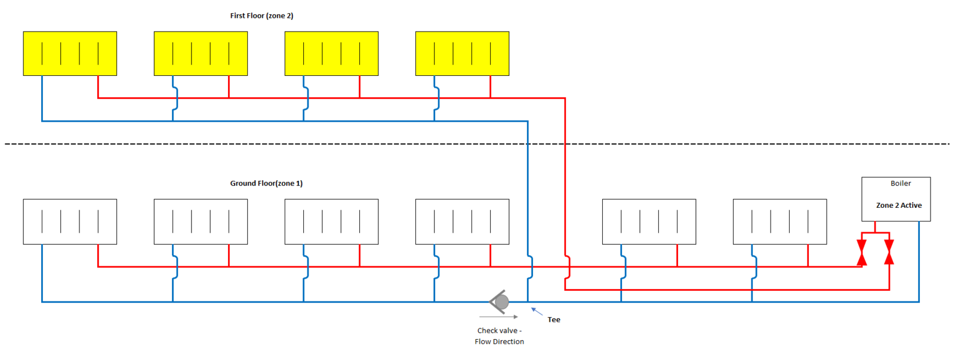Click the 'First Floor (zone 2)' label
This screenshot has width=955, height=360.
coord(261,16)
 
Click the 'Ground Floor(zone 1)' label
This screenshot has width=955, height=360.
coord(266,183)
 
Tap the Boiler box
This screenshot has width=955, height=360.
coord(895,199)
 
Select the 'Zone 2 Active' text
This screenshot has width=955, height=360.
coord(898,205)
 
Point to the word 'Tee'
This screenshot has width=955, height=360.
coord(554,320)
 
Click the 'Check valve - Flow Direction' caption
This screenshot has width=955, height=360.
coord(499,336)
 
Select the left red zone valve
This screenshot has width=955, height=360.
coord(861,253)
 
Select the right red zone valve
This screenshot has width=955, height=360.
coord(889,252)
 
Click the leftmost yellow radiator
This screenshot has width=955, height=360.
coord(70,54)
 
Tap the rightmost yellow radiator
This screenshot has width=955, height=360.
coord(462,54)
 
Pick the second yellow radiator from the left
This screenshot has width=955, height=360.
coord(201,54)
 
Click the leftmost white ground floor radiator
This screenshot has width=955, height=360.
coord(70,221)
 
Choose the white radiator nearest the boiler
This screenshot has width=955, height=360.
coord(780,221)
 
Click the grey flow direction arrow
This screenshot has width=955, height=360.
coord(498,317)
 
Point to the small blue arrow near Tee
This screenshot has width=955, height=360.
coord(537,311)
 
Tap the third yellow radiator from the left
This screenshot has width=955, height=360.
coord(331,54)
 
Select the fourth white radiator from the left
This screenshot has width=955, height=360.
coord(462,221)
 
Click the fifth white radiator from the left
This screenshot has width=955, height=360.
coord(649,221)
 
